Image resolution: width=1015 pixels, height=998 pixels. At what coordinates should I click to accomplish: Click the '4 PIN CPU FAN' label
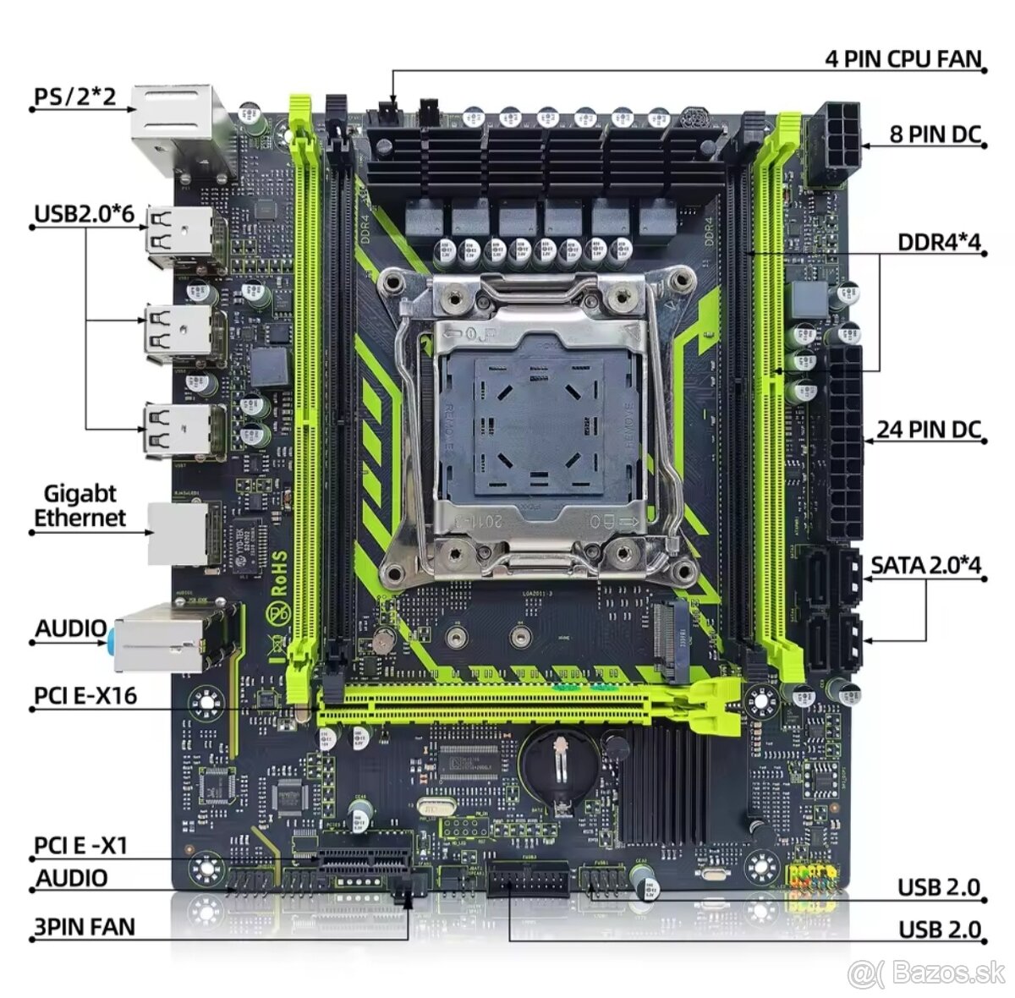tap(903, 59)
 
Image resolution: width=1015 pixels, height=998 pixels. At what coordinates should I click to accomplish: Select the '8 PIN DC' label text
tap(935, 134)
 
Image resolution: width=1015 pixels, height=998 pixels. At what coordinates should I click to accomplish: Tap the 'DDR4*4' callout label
tap(938, 243)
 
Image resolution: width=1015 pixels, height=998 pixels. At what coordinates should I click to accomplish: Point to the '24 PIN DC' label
tap(928, 429)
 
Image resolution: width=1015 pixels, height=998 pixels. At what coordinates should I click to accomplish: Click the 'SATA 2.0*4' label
tap(925, 565)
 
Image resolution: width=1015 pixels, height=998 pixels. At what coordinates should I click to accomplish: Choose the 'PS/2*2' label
tap(74, 96)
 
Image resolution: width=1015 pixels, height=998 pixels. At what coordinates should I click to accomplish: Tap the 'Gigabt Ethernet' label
tap(80, 506)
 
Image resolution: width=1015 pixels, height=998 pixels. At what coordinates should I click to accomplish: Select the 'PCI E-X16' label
tap(85, 695)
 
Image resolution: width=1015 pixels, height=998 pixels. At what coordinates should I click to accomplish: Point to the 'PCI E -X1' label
tap(81, 845)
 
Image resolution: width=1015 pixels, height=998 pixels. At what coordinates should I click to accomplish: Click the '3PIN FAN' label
tap(84, 926)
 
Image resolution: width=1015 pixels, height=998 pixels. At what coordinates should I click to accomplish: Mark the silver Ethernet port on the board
tap(178, 533)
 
